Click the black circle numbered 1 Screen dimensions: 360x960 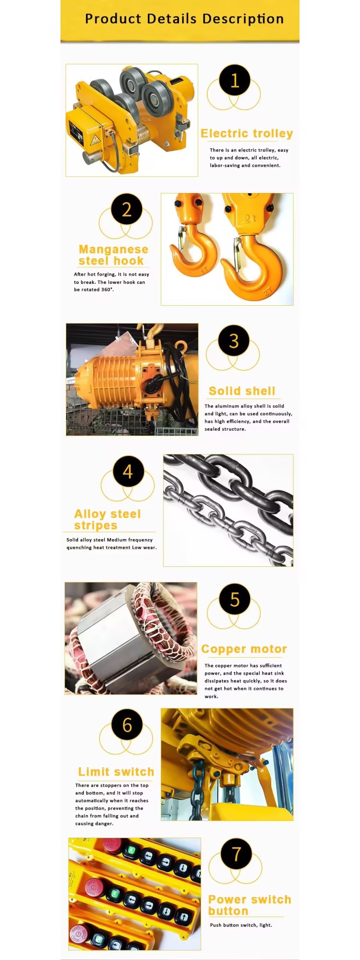point(235,80)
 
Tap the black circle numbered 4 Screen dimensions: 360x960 point(128,471)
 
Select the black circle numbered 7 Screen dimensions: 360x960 point(236,854)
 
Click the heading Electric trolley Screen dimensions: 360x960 point(247,133)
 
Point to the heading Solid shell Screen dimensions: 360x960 point(242,391)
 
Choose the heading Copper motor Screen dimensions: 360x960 point(244,649)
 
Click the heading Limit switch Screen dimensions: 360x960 point(116,772)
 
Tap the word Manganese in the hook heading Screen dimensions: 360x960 point(113,250)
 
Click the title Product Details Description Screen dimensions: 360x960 point(184,19)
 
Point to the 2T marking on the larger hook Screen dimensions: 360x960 point(267,290)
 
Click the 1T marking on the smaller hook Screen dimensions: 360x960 point(204,270)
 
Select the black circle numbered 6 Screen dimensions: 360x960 point(127,725)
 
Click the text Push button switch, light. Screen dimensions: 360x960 point(241,925)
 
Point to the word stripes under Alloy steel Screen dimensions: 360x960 point(96,526)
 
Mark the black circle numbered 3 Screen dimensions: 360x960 point(234,341)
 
